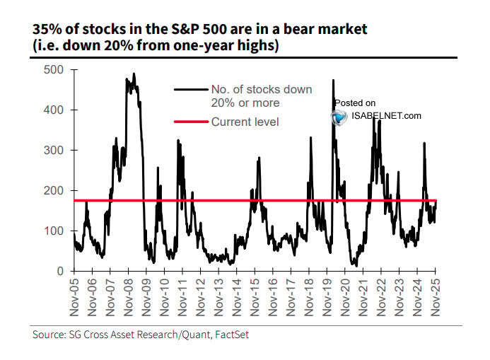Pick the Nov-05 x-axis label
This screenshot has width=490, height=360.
pos(76,297)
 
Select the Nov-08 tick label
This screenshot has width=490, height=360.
pos(129,297)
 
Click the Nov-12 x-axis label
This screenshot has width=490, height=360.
pos(202,297)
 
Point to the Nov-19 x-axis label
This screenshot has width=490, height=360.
pos(327,297)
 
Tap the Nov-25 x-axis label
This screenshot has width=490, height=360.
pos(436,297)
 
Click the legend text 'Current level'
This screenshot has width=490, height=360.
pos(245,122)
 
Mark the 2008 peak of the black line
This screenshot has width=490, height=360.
pos(134,74)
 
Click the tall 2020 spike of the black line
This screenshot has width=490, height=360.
pos(332,81)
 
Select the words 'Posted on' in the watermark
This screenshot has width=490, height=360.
pos(355,103)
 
